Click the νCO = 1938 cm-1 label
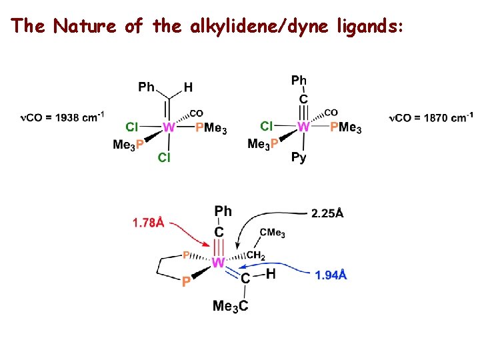[x=62, y=118]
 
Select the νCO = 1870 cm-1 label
[x=431, y=118]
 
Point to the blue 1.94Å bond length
[x=331, y=275]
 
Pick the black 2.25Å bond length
[x=327, y=213]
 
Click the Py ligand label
[x=299, y=158]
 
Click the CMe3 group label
[x=273, y=232]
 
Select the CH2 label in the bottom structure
[x=257, y=255]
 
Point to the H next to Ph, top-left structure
[x=188, y=87]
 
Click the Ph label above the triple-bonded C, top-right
[x=299, y=81]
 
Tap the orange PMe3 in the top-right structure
[x=346, y=127]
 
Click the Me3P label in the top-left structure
[x=129, y=144]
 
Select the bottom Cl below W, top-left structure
[x=164, y=157]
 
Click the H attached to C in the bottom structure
[x=271, y=275]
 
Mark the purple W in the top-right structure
[x=303, y=126]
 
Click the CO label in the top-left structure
[x=197, y=113]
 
